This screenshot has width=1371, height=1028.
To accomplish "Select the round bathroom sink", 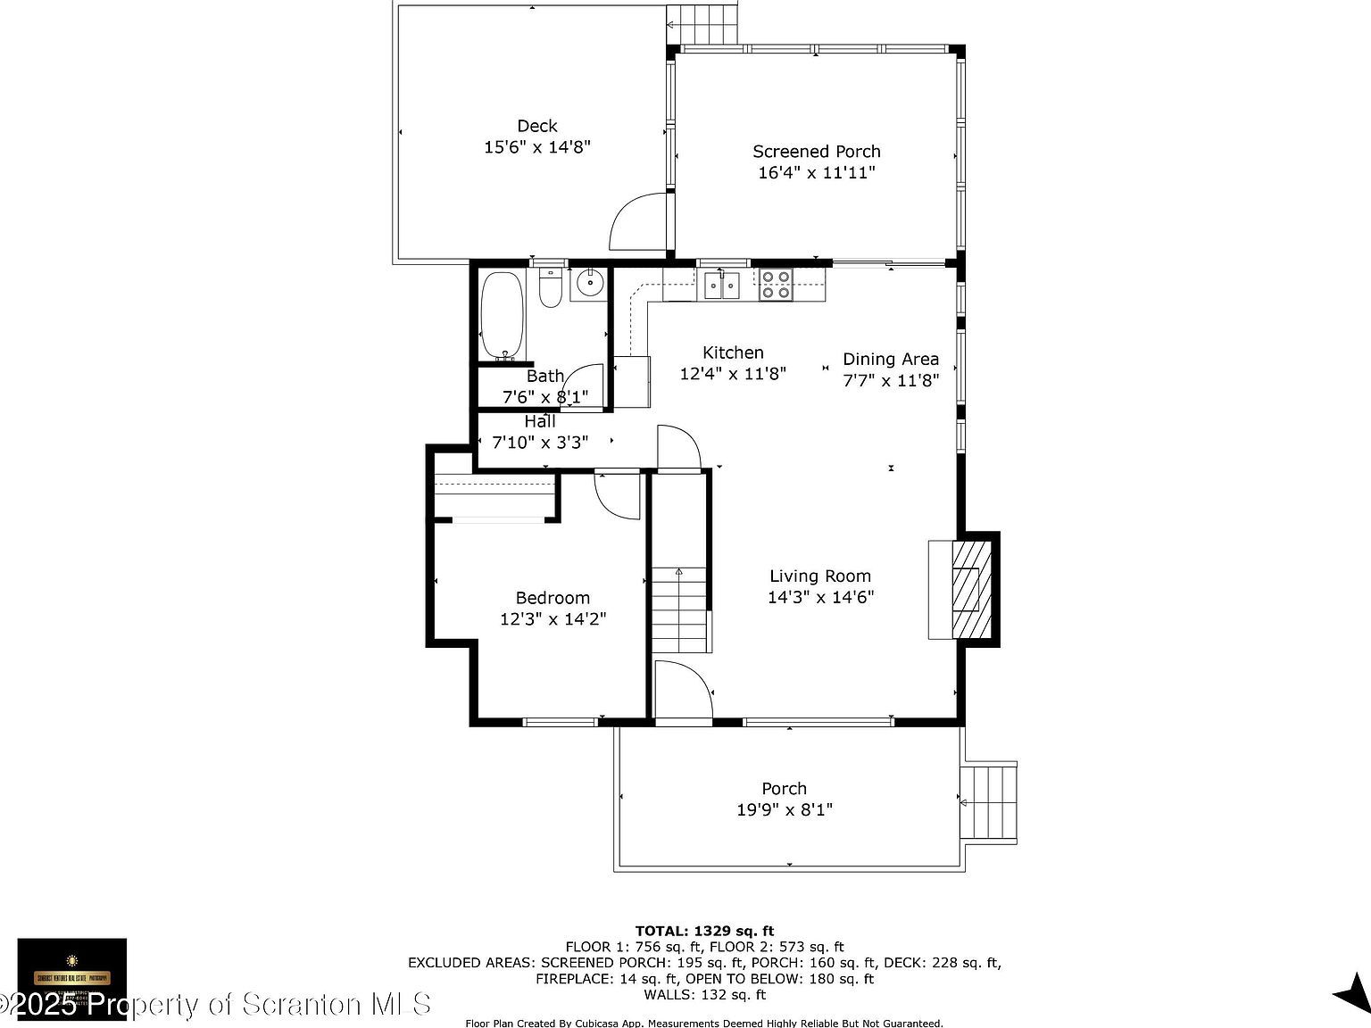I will (x=588, y=284).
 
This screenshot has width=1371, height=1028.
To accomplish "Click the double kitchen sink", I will (x=722, y=286).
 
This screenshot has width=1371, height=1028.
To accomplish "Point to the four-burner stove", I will (x=775, y=285).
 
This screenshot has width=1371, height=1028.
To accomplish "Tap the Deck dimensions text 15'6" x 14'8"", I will (x=537, y=147).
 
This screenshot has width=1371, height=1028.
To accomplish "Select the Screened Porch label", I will (x=816, y=152).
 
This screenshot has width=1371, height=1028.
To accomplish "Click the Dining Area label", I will (x=891, y=359).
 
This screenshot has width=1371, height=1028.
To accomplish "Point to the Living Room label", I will (x=820, y=576).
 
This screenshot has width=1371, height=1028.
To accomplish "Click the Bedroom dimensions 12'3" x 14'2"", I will (x=553, y=619).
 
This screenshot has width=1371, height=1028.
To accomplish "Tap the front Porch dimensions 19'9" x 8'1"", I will (x=785, y=810).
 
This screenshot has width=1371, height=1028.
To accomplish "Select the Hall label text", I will (x=540, y=421).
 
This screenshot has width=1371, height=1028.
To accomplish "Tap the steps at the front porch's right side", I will (x=989, y=802).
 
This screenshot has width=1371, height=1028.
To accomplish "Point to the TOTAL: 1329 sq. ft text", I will (x=704, y=932).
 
